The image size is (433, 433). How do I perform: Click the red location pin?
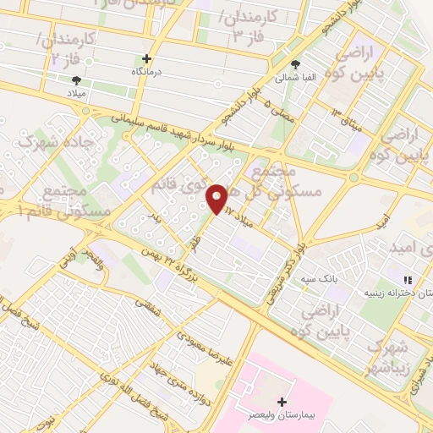click(x=217, y=199)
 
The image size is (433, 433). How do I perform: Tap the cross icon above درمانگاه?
click(x=147, y=59)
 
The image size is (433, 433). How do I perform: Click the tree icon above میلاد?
click(x=77, y=80)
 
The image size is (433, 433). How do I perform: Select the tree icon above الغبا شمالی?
click(x=294, y=64)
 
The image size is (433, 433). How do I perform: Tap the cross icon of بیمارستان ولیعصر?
click(x=282, y=403)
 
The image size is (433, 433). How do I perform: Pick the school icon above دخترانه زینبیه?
click(x=408, y=280)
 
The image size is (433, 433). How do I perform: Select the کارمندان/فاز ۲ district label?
click(x=68, y=50)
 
